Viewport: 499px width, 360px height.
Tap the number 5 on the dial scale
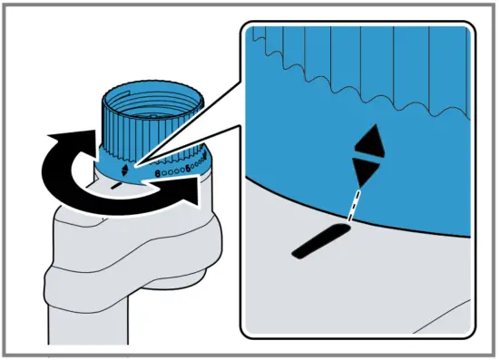pos(187,168)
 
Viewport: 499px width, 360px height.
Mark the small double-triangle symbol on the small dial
pos(123,167)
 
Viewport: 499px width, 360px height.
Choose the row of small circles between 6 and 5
pos(172,170)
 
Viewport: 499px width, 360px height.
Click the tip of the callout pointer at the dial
pos(135,165)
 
